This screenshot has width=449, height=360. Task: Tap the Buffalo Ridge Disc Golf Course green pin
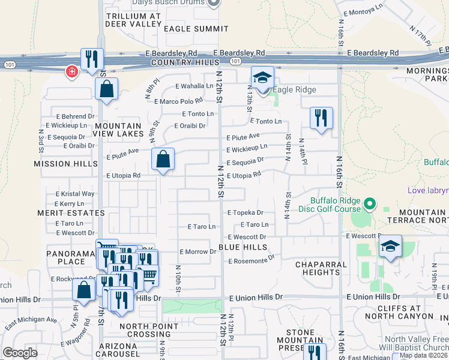pos(370,205)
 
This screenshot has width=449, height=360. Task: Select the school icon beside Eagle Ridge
pos(262,78)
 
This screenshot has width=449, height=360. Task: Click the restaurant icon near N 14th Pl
pos(321,117)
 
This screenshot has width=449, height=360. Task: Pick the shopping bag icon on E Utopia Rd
pos(163,160)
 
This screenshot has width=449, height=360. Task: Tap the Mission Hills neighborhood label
pos(65,164)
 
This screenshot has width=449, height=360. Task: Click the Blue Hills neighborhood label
pos(243,247)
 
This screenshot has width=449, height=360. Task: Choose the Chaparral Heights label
pos(321,268)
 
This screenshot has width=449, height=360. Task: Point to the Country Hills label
pos(178,62)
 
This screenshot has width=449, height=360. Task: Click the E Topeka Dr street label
pos(246,212)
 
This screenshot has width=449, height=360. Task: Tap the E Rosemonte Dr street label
pos(251,260)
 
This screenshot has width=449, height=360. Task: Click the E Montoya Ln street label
pos(363,10)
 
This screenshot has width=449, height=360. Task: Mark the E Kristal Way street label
pos(75,194)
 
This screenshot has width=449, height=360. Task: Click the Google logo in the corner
pos(20,353)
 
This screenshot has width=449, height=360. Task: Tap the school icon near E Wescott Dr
pos(390,247)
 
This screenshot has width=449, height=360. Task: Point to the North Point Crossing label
pos(149,330)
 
